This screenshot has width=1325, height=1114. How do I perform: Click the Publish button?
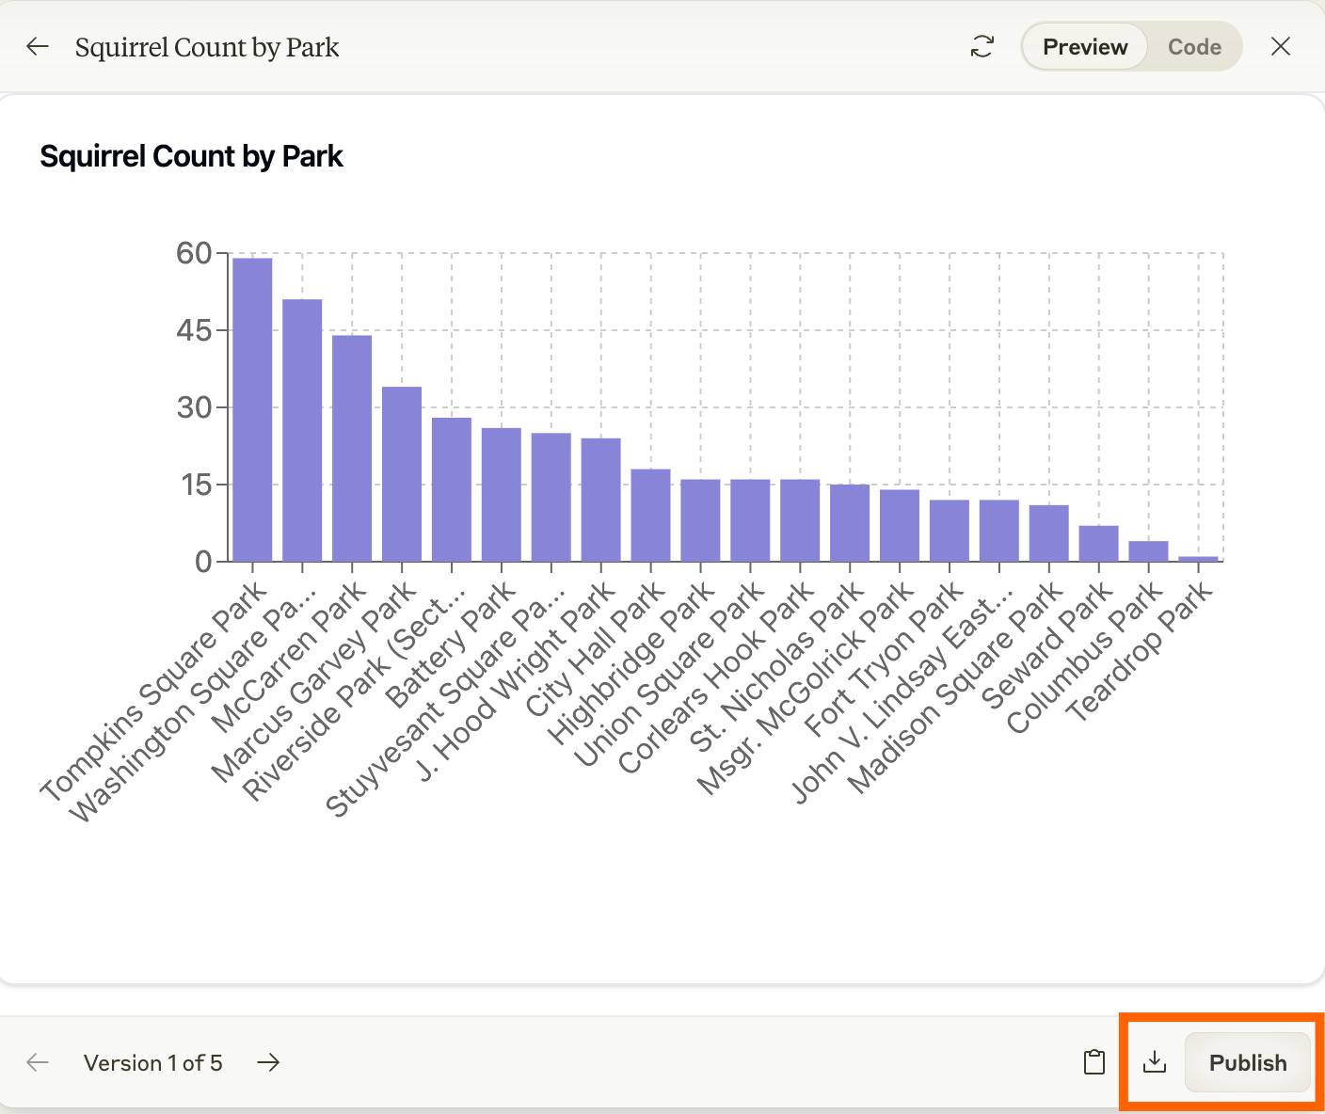click(1247, 1062)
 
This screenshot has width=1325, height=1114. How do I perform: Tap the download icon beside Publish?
click(1154, 1062)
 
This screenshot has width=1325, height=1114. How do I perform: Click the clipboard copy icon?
click(1094, 1062)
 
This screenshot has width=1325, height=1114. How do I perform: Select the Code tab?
click(1194, 47)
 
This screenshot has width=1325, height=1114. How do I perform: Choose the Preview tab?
click(1085, 47)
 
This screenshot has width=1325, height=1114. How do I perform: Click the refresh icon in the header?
click(982, 47)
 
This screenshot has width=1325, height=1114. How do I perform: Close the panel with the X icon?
click(1280, 47)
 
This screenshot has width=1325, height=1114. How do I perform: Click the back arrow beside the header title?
click(38, 47)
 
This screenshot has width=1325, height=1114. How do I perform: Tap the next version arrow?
click(268, 1062)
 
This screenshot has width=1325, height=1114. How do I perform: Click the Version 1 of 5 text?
click(152, 1063)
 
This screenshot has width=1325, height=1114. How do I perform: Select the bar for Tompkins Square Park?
click(252, 409)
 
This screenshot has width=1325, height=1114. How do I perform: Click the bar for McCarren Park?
click(352, 448)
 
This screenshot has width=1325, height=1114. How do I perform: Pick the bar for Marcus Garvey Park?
click(402, 474)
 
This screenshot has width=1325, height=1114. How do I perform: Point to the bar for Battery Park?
click(502, 495)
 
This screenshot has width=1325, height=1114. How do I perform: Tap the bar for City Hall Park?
click(650, 516)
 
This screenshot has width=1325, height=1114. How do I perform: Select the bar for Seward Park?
click(1098, 544)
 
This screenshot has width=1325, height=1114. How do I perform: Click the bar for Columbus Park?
click(1148, 551)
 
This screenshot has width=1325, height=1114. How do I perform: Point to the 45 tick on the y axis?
click(195, 330)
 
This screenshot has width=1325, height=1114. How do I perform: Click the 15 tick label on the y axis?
click(195, 485)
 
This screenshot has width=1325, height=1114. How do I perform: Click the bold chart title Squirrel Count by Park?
click(191, 156)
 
